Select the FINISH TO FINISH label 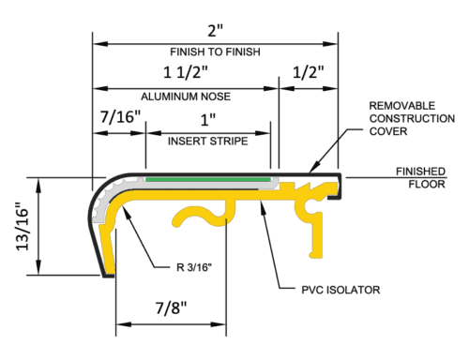tap(215, 52)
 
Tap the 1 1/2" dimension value tap(185, 73)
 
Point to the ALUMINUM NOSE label tap(185, 97)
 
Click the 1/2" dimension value tap(309, 73)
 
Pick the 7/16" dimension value tap(119, 118)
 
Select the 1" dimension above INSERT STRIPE tap(207, 120)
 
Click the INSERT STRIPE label tap(207, 142)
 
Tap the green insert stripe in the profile tap(208, 176)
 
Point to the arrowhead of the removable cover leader tap(312, 169)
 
